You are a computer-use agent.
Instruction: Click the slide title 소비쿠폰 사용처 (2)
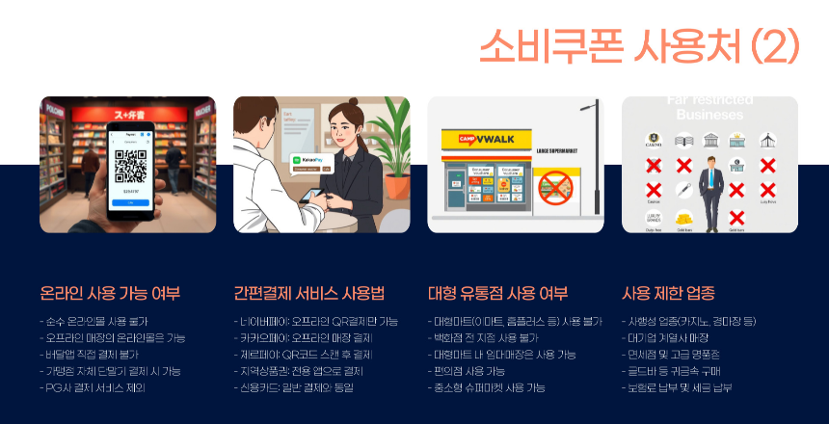[638, 45]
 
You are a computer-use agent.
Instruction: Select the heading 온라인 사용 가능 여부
[110, 293]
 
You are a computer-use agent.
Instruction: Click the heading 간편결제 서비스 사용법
[308, 293]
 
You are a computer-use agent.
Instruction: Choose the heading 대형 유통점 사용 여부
[497, 293]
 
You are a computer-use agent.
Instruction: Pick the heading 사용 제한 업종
[668, 293]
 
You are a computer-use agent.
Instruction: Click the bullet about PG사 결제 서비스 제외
[95, 387]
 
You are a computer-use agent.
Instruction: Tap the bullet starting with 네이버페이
[315, 321]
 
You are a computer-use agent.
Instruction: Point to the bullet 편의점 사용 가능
[468, 371]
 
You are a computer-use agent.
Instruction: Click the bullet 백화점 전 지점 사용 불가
[482, 338]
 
